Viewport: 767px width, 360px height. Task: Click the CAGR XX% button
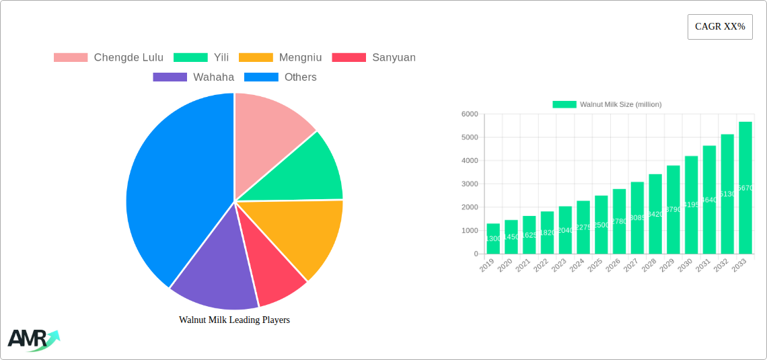coord(719,27)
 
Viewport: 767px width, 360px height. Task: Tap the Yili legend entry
coord(201,58)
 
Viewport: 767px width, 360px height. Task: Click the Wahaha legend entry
coord(193,77)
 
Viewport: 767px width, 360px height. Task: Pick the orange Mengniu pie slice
coord(303,232)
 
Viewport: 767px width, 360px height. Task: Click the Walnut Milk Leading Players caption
coord(234,320)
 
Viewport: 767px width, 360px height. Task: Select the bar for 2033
coord(745,188)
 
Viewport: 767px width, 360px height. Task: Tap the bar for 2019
coord(493,239)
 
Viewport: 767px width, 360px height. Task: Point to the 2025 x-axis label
coord(595,264)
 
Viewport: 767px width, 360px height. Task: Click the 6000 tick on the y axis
coord(468,114)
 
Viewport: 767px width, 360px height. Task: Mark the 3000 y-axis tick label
coord(468,184)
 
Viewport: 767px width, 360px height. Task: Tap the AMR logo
coord(32,340)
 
